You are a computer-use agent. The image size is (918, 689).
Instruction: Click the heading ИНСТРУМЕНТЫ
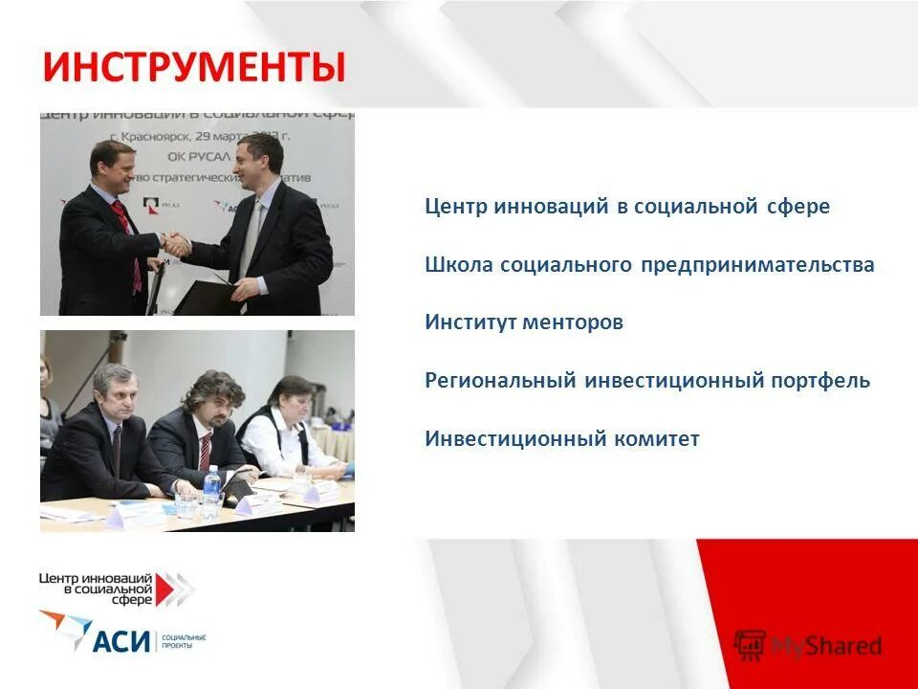tap(193, 69)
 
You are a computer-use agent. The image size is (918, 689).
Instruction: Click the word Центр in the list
tap(457, 207)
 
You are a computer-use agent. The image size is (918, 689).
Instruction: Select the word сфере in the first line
tap(798, 207)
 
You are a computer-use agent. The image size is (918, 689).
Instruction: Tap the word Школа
tap(459, 265)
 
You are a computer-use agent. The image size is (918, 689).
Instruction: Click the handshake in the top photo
tap(177, 244)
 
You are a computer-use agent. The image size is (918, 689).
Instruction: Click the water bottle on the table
tap(211, 488)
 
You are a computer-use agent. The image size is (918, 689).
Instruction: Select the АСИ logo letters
tap(121, 639)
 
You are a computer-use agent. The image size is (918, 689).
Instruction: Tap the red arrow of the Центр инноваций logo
tap(172, 589)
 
